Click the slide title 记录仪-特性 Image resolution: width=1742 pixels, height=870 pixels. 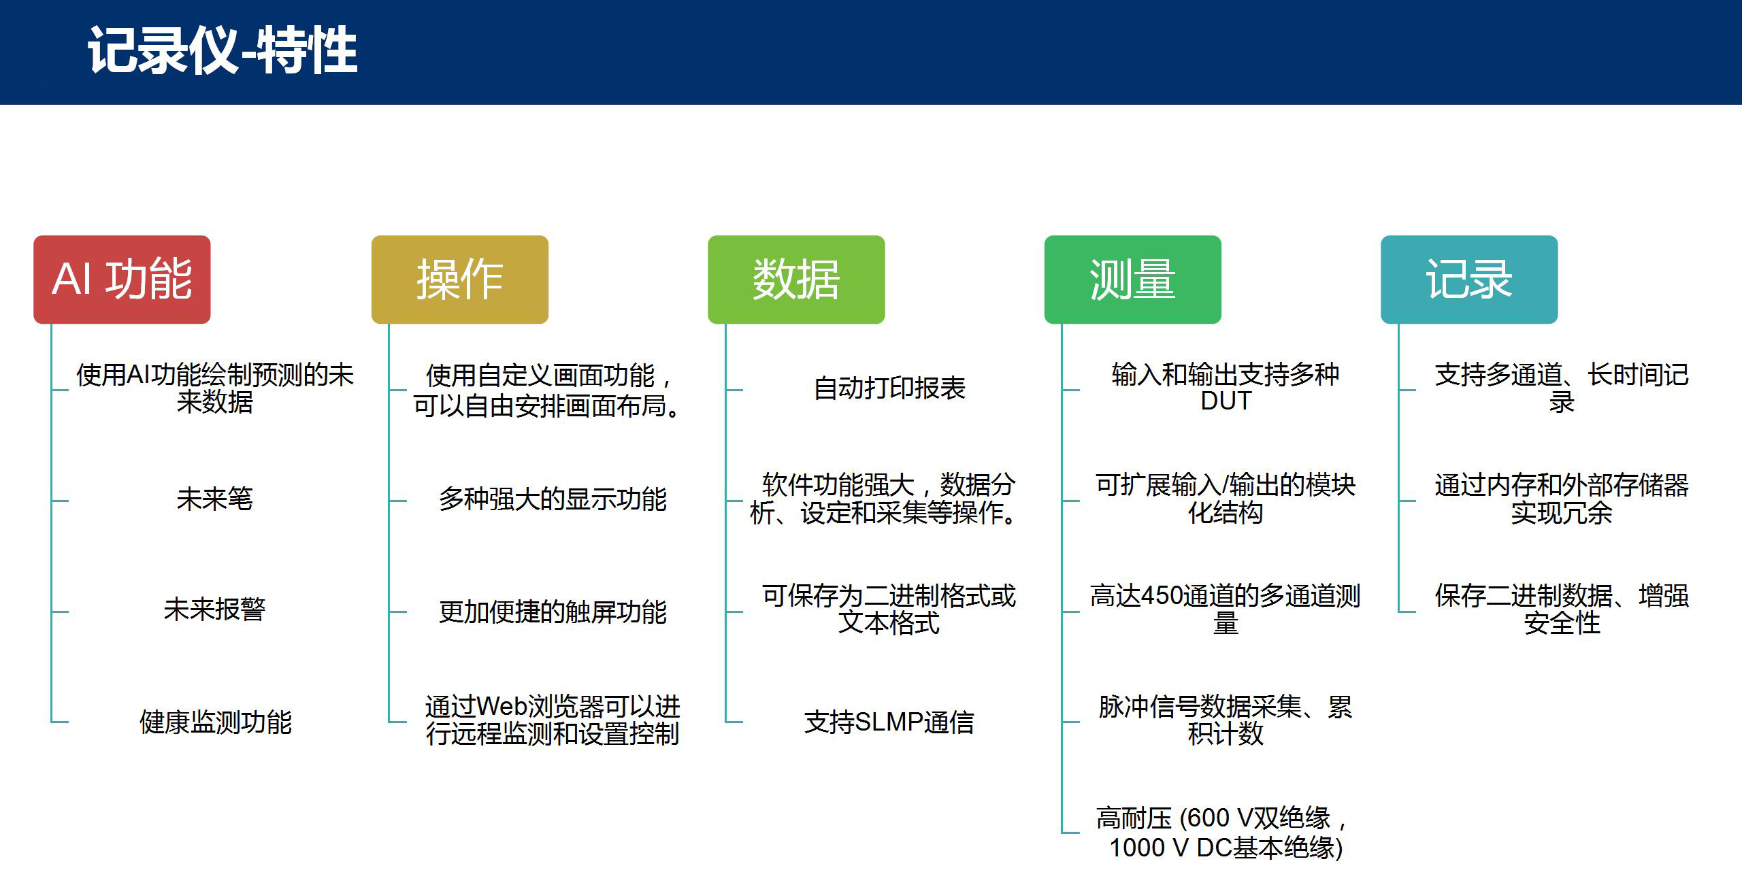click(223, 50)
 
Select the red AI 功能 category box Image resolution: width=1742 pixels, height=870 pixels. click(122, 280)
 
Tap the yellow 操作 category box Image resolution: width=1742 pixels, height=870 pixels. click(460, 280)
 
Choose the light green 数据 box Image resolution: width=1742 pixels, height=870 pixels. click(796, 280)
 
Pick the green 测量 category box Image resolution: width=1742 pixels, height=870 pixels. click(1133, 280)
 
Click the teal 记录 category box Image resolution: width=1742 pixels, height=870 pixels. click(1469, 280)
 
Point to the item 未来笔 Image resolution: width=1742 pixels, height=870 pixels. click(214, 499)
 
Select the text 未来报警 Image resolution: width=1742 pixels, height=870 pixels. click(214, 609)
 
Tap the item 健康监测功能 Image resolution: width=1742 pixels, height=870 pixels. click(215, 722)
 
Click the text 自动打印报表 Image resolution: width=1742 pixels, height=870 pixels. click(889, 388)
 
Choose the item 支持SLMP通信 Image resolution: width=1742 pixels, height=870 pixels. click(889, 722)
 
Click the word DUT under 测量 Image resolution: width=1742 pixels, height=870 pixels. click(1226, 401)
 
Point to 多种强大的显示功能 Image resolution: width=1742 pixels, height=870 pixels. click(553, 499)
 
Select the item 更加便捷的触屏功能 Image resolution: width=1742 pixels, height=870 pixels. click(553, 612)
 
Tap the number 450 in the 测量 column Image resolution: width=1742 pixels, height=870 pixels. click(1162, 596)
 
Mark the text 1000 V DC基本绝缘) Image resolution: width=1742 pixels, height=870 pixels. click(1226, 848)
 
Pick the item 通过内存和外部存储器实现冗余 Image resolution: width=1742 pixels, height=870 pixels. click(1562, 499)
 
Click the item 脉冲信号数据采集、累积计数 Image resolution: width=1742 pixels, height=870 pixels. click(1226, 720)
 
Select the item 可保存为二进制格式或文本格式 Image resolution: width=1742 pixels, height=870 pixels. click(889, 609)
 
